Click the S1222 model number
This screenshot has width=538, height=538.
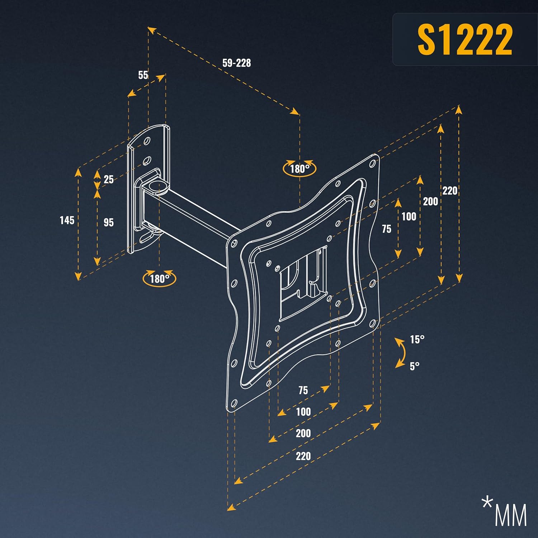coord(465,39)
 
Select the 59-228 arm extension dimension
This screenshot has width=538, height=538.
coord(236,63)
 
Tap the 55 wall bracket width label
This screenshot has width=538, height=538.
coord(143,75)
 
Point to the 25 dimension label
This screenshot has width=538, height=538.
coord(108,179)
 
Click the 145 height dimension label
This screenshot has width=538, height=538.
coord(67,220)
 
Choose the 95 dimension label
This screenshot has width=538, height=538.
coord(108,222)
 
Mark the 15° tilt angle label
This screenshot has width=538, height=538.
coord(417,339)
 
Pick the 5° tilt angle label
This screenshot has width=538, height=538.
coord(414,366)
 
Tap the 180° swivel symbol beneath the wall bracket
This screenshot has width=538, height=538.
coord(159,279)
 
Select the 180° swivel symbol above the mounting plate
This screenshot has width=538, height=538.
coord(299,168)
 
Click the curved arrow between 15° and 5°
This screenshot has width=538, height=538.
coord(401,353)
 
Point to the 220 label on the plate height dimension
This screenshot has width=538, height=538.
coord(450,190)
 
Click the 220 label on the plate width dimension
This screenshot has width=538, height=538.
coord(303,456)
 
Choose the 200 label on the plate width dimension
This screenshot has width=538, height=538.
coord(303,433)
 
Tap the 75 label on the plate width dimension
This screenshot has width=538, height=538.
coord(303,390)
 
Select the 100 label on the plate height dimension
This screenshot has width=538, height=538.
coord(409,216)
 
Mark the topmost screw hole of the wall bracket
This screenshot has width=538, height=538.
coord(147,141)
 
